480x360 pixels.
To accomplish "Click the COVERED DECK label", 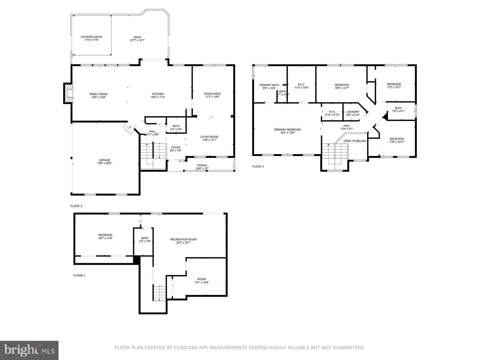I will point(91,37).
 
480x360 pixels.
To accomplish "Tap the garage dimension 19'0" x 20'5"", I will point(104,163).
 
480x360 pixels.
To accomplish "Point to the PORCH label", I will point(202,165).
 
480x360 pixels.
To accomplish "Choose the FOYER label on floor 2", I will point(175,147).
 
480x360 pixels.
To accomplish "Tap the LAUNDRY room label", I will point(353,112).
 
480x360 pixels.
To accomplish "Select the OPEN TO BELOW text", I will point(355,141).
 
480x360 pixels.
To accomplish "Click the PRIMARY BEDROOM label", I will point(287,130).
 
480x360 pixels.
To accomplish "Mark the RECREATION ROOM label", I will point(183,239).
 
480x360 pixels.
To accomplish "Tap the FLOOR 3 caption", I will point(258,166).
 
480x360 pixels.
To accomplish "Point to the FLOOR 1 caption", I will point(79,275).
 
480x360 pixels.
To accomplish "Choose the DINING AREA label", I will point(212,94).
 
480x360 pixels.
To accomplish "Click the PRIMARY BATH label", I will point(269,85).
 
